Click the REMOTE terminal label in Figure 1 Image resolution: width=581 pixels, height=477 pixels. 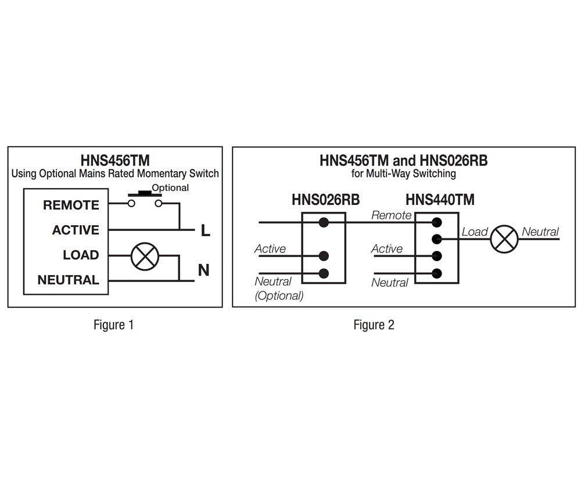[71, 205]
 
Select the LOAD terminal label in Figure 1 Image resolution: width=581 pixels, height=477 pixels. [81, 255]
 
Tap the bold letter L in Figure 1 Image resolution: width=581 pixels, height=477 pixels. [205, 231]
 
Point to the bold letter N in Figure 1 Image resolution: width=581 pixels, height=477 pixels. [204, 270]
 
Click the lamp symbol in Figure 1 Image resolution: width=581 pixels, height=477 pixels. [141, 255]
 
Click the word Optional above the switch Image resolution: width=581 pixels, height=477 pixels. [170, 188]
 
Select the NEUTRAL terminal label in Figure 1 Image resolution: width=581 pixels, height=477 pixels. [68, 280]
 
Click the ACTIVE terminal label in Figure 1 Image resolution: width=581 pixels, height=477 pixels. [76, 230]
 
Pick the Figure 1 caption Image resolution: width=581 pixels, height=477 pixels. [113, 325]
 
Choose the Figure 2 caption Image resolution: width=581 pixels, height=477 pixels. [374, 325]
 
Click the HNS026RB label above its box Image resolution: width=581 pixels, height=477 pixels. [325, 200]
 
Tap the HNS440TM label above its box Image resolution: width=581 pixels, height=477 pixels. [440, 200]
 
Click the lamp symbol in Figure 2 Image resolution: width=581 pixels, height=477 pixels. [504, 238]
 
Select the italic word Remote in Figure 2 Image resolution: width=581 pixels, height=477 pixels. [391, 215]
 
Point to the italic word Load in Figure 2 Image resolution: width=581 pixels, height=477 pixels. [474, 232]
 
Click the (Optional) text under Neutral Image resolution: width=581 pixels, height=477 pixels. [279, 295]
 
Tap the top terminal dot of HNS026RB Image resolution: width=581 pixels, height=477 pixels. [324, 222]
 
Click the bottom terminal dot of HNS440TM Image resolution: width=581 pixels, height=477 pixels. [437, 273]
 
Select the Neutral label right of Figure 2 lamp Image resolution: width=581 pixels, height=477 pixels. [540, 232]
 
